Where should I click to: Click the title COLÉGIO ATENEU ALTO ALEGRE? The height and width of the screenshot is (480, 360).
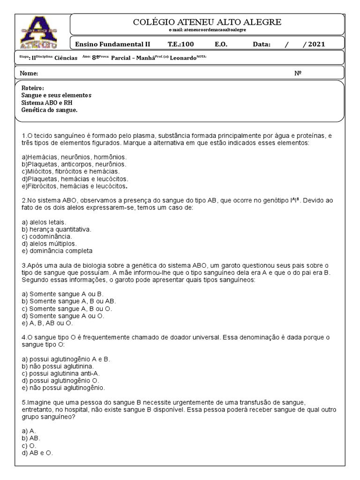tap(207, 22)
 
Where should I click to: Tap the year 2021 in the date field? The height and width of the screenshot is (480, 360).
tap(314, 45)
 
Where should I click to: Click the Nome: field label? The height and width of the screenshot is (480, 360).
tap(29, 74)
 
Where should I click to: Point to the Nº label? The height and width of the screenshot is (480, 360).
tap(298, 74)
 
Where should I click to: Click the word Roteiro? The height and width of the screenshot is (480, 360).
tap(33, 88)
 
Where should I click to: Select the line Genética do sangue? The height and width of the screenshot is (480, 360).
tap(49, 110)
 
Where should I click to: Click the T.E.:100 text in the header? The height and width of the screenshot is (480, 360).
tap(180, 45)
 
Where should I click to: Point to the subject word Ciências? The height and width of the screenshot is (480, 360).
tap(66, 58)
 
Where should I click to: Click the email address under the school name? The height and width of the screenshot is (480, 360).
tap(207, 30)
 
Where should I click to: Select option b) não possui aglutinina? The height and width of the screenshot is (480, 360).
tap(58, 366)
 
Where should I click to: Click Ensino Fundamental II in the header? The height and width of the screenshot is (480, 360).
tap(112, 45)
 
